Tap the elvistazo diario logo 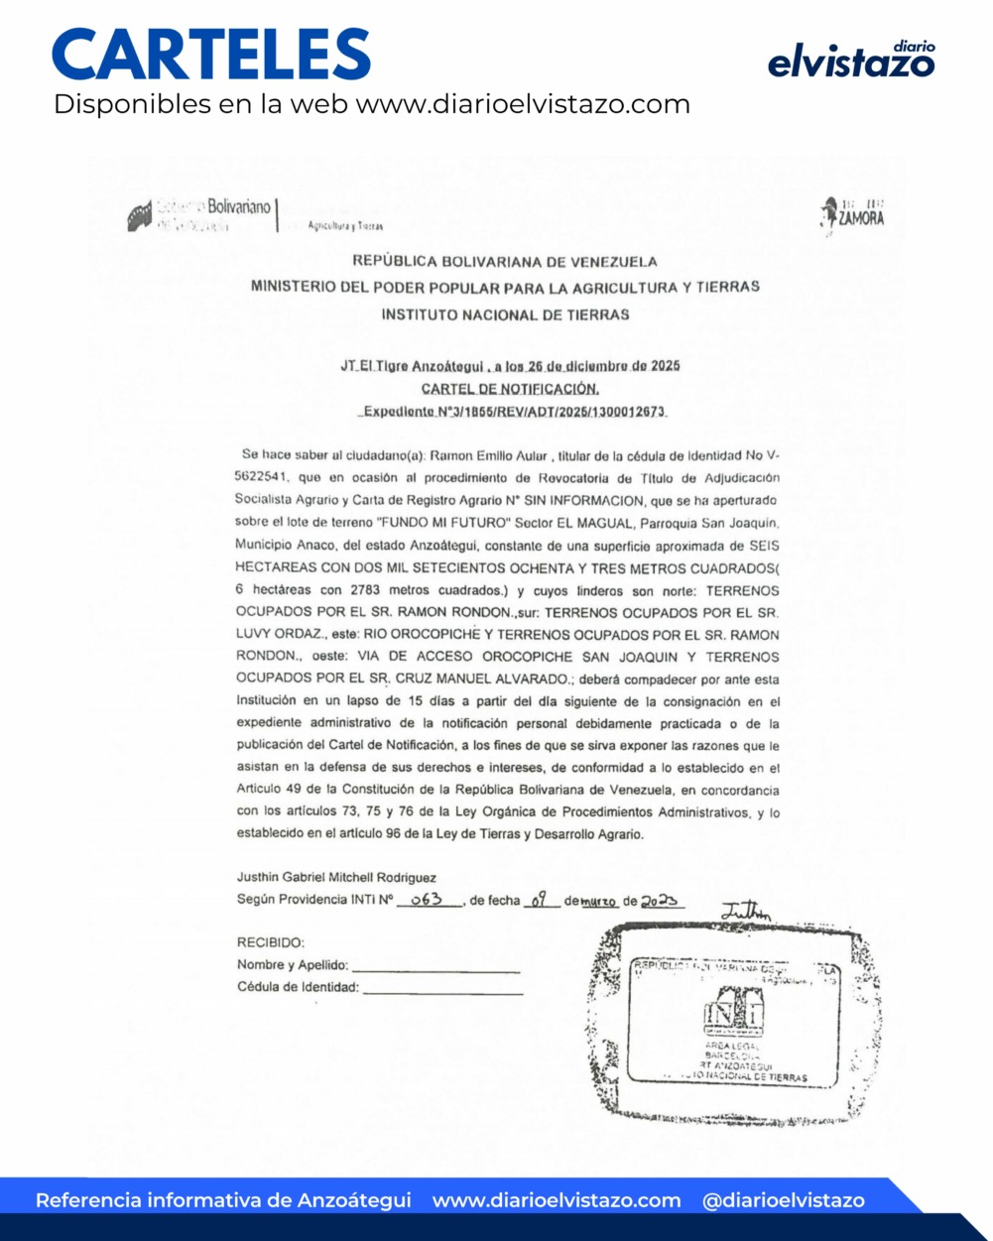point(851,61)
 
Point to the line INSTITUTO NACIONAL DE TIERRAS point(505,314)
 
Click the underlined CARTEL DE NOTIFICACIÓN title point(510,389)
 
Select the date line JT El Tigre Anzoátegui point(510,366)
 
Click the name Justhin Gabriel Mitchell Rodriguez point(336,877)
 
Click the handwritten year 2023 point(659,900)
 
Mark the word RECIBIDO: point(270,942)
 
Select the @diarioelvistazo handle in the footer point(783,1200)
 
